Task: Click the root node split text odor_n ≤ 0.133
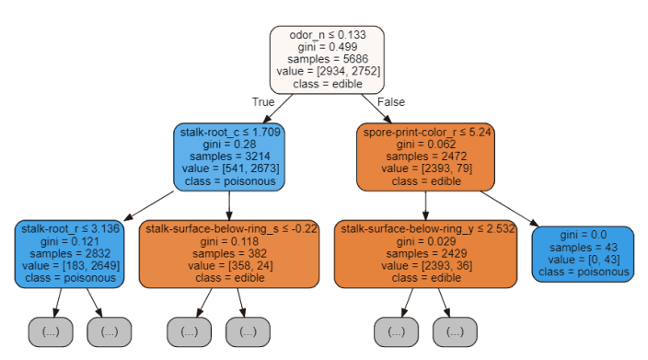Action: pos(326,35)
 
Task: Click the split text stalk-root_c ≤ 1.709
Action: pos(229,131)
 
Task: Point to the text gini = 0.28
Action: pos(229,144)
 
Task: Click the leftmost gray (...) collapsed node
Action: pos(51,331)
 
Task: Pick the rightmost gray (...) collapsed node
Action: pos(454,331)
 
